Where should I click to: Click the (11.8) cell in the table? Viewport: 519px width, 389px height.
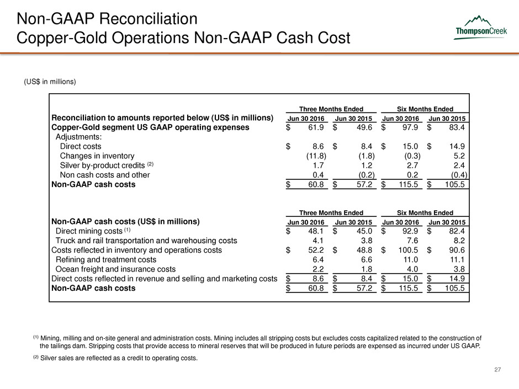click(x=315, y=156)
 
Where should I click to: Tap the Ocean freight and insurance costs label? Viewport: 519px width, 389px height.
click(x=116, y=269)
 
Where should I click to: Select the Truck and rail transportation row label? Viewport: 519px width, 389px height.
click(x=146, y=241)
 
